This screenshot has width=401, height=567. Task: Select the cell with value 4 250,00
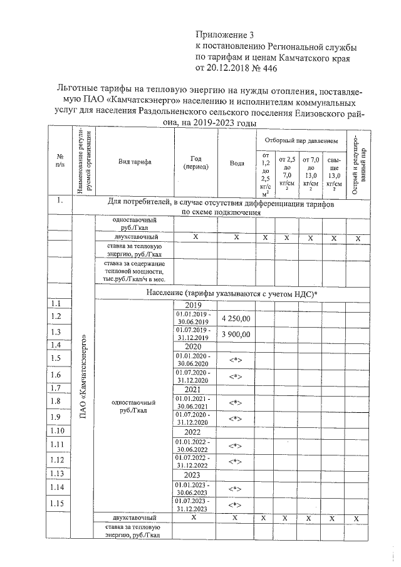pos(236,318)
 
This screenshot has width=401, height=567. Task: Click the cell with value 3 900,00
pos(236,335)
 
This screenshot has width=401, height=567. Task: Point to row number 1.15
pos(58,503)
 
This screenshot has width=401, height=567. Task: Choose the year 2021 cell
pos(194,388)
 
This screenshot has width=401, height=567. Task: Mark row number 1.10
pos(58,430)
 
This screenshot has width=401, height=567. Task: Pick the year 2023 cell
pos(194,474)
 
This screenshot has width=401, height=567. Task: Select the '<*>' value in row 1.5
pos(236,360)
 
